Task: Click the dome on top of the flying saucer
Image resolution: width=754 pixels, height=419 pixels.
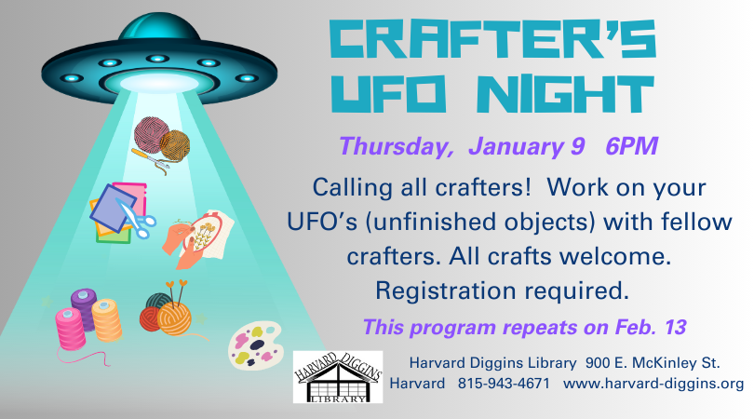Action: pos(159,27)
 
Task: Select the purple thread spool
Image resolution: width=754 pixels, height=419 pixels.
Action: pos(84,308)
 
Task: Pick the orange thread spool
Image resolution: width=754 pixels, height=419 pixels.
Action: pos(106,319)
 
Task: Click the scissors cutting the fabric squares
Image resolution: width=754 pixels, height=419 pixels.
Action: pos(137,220)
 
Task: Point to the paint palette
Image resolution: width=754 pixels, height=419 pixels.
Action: pos(255,345)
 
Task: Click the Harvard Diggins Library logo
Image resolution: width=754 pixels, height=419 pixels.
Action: pos(338,377)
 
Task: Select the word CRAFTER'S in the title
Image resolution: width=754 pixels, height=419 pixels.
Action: pos(491,39)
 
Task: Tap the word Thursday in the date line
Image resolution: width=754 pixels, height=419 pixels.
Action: pos(396,147)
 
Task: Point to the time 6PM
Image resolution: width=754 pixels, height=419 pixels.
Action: pos(631,146)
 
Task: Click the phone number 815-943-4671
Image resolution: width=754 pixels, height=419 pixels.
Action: pos(504,384)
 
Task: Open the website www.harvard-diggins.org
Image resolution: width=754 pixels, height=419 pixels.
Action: pos(653,384)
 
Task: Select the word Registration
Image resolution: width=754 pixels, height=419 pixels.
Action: pos(445,291)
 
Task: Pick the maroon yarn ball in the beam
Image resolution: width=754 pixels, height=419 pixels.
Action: pos(151,134)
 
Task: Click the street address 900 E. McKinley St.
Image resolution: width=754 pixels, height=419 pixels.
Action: pos(653,363)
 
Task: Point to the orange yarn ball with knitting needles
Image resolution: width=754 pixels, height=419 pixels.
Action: pos(174,318)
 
